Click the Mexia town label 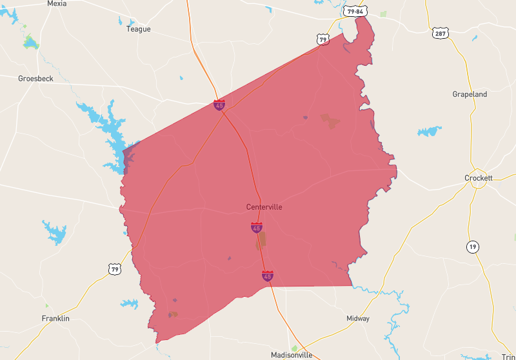tap(57, 3)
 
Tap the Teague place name tap(138, 29)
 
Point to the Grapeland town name tap(470, 94)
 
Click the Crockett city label tap(478, 178)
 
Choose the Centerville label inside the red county tap(264, 207)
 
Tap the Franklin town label tap(55, 319)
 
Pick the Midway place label tap(358, 319)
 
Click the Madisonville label tap(292, 355)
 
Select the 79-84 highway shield tap(355, 12)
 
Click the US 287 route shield tap(441, 32)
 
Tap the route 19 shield tap(473, 246)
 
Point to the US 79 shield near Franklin tap(114, 268)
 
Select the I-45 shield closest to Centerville tap(257, 227)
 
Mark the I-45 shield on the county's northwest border tap(220, 105)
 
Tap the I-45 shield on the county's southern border tap(267, 275)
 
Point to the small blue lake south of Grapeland tap(429, 132)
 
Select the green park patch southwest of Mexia tap(30, 43)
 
